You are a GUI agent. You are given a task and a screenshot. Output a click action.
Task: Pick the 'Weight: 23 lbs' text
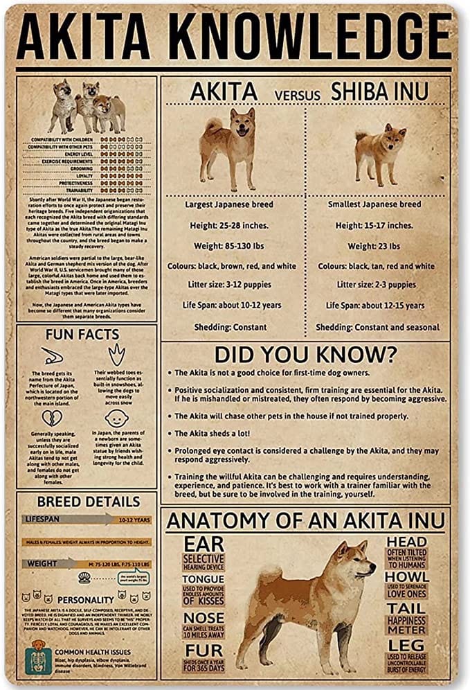(x=374, y=245)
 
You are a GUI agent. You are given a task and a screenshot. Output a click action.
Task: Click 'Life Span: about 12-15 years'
(x=375, y=306)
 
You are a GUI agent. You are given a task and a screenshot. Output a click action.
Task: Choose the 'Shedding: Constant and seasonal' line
(x=377, y=327)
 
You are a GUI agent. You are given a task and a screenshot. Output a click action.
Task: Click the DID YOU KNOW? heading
(x=305, y=354)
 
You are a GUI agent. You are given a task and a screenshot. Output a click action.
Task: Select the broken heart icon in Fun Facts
(x=52, y=418)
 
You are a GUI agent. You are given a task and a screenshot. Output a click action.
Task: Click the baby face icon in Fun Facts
(x=116, y=418)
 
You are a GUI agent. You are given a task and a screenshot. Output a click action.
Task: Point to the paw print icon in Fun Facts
(x=116, y=355)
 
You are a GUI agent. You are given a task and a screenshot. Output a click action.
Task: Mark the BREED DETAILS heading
(x=89, y=502)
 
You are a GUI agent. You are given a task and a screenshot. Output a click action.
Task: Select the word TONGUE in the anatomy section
(x=204, y=579)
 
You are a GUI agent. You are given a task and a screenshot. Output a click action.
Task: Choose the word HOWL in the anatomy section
(x=407, y=576)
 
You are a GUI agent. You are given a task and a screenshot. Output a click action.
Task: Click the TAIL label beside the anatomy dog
(x=407, y=608)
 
